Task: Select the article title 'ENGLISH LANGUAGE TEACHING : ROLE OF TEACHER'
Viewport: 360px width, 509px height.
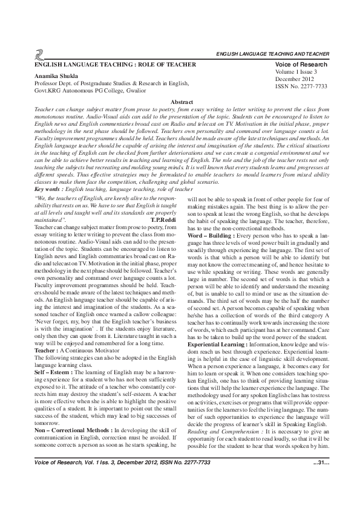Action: (115, 65)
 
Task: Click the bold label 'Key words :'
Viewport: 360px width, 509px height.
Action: (51, 172)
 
